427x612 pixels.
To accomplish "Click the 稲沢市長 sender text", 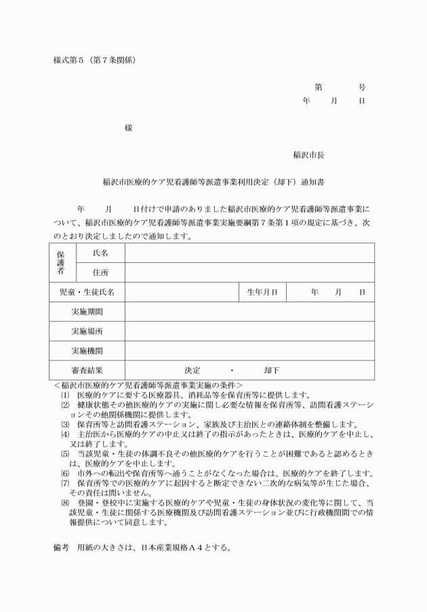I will [308, 155].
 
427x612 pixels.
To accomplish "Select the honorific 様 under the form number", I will [128, 128].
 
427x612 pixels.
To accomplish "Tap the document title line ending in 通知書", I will [214, 182].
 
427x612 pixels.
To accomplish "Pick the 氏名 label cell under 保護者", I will [100, 253].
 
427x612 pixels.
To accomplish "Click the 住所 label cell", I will [100, 272].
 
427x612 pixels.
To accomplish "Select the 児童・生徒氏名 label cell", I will [87, 292].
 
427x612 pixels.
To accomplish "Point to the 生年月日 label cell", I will [262, 292].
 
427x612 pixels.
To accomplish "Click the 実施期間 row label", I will [87, 312].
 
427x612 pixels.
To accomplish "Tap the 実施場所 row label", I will [87, 331].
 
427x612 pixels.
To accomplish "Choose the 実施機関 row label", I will [87, 351].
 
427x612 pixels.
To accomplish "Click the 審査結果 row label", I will [87, 371].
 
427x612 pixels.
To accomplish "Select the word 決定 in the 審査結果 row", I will [192, 371].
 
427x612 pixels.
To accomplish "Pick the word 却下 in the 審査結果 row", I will [272, 371].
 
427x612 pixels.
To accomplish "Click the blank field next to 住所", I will [249, 272].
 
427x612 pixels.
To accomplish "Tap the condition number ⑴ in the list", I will [65, 394].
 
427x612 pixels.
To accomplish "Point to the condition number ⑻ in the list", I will [65, 503].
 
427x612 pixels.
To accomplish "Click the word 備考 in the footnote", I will [62, 547].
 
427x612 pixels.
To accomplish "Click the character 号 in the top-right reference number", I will [363, 87].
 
